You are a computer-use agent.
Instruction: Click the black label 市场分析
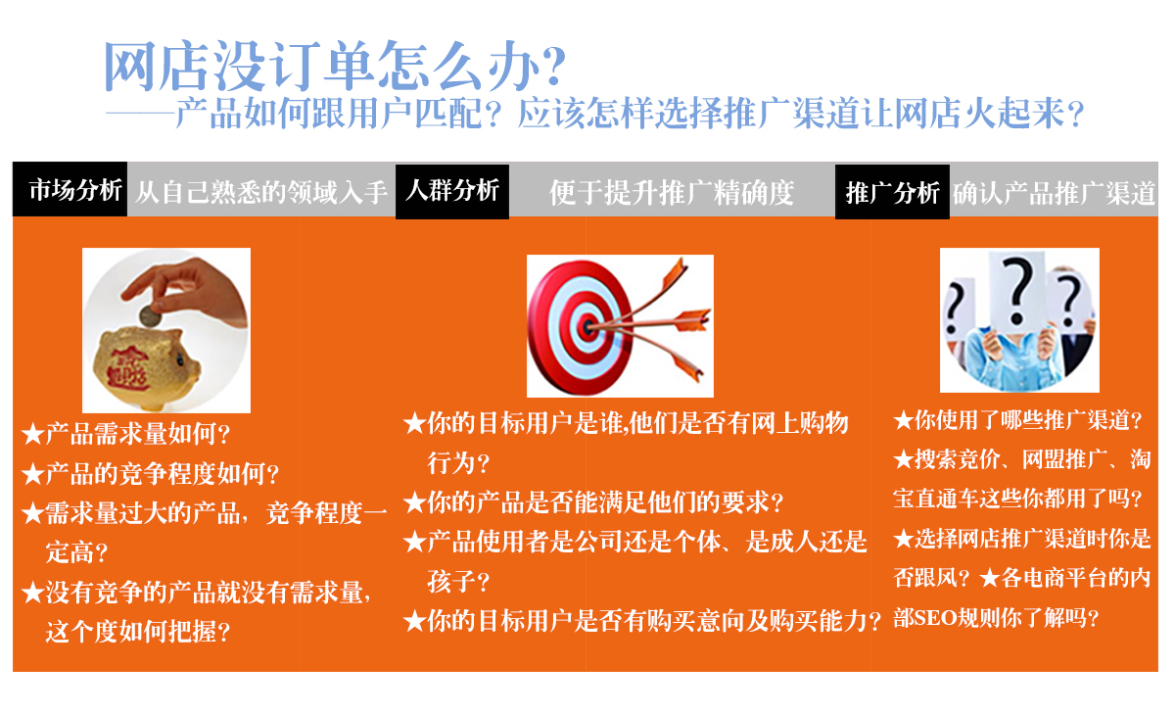click(x=70, y=189)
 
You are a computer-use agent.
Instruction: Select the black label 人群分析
click(x=452, y=191)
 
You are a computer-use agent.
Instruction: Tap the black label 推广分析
click(x=892, y=192)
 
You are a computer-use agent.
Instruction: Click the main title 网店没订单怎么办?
click(x=335, y=66)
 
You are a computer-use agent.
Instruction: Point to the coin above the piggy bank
click(x=150, y=316)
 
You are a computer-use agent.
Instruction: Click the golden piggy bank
click(x=146, y=367)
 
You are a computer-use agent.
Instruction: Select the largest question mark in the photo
click(x=1017, y=290)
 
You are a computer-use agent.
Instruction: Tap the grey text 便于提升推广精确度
click(x=672, y=193)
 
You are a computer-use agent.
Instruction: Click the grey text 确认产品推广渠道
click(x=1055, y=193)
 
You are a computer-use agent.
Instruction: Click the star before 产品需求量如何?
click(x=32, y=435)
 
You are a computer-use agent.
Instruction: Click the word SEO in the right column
click(x=936, y=618)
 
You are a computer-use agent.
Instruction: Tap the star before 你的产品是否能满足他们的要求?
click(x=414, y=502)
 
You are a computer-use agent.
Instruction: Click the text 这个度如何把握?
click(x=138, y=632)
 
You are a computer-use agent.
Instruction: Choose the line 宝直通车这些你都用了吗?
click(x=1017, y=499)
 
